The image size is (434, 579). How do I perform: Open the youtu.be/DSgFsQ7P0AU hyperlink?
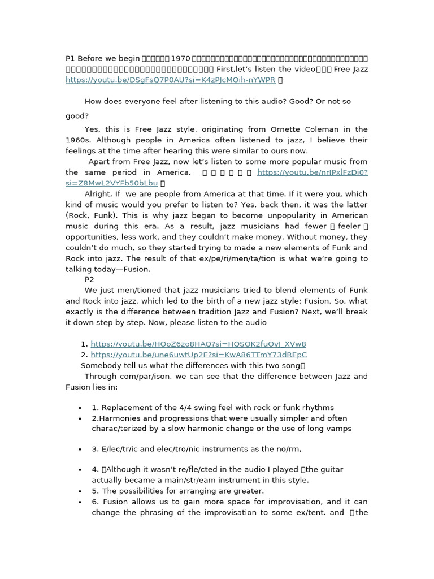coord(170,80)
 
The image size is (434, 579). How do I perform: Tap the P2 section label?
coord(90,279)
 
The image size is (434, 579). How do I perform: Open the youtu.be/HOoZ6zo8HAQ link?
coord(198,344)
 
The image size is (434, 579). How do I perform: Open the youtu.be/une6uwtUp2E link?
coord(198,355)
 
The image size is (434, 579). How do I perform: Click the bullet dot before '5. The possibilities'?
coord(80,491)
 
